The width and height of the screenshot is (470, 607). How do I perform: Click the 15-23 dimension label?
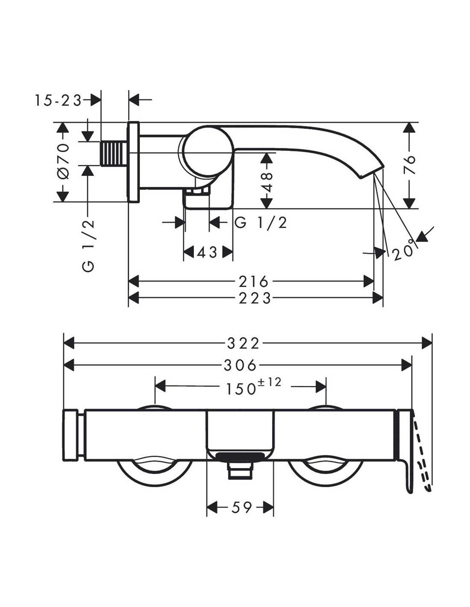point(58,101)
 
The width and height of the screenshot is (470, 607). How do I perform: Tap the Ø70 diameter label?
point(63,161)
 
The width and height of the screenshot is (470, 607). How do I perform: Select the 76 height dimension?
point(409,165)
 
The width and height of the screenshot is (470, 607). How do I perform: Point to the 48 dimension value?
point(267,182)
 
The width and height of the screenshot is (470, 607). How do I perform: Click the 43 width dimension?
point(208,253)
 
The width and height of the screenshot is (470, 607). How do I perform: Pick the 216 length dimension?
point(253,282)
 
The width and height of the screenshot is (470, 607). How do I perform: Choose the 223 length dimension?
point(255,298)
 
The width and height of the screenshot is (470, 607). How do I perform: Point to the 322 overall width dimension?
point(243,344)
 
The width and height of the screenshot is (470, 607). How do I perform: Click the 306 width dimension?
point(240,365)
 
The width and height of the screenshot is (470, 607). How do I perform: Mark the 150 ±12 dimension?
point(253,387)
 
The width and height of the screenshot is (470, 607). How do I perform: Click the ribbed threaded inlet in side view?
point(114,154)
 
